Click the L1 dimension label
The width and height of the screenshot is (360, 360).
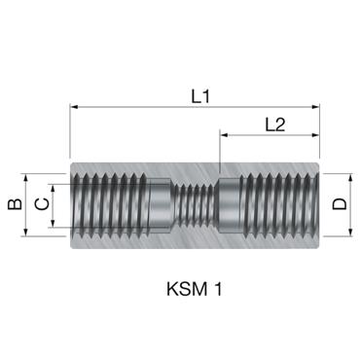(198, 95)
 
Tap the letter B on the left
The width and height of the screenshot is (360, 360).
(13, 204)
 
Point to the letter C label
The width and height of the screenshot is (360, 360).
(40, 204)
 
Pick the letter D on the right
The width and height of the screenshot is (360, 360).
(340, 204)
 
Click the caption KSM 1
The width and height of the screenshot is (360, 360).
(196, 289)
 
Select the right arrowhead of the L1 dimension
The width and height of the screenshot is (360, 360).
(316, 109)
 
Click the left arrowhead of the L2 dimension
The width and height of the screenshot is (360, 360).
(225, 136)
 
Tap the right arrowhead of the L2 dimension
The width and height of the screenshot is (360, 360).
(316, 136)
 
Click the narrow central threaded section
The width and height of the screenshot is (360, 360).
(196, 205)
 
